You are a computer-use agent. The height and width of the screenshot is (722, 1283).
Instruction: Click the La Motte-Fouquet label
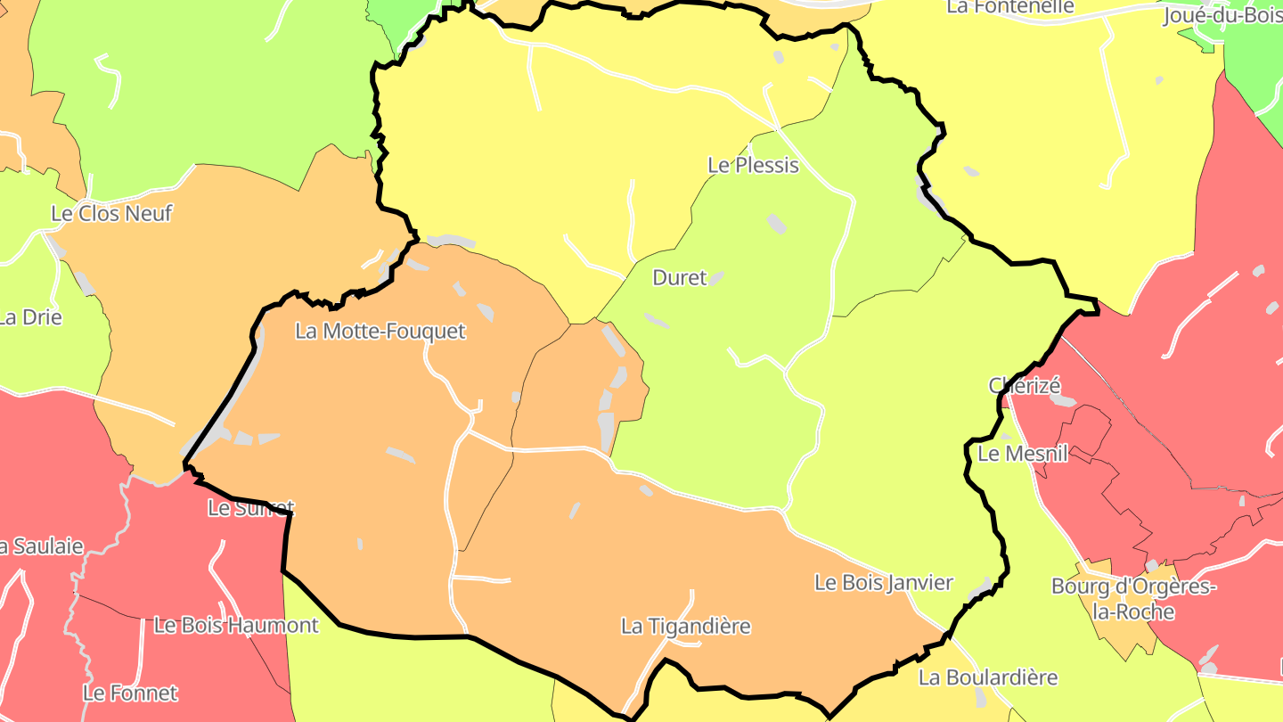(x=380, y=331)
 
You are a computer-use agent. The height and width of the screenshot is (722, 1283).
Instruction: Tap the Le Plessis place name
(x=753, y=165)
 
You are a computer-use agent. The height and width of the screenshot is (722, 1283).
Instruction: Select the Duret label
(x=680, y=277)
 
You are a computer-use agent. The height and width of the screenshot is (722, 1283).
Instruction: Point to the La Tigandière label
(x=686, y=627)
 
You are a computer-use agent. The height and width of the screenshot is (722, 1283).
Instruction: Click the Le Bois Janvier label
(x=884, y=583)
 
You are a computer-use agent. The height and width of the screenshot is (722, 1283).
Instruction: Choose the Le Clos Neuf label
(x=111, y=213)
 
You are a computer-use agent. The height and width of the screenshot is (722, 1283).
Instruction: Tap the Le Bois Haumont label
(x=236, y=625)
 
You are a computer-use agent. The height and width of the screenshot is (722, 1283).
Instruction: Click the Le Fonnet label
(x=130, y=693)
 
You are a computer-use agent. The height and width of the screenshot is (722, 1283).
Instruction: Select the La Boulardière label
(x=988, y=677)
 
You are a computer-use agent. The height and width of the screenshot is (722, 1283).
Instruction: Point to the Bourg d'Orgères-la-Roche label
(x=1133, y=599)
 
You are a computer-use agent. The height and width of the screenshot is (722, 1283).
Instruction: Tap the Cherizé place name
(x=1025, y=386)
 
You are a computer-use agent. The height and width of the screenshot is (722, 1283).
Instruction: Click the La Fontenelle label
(x=1009, y=6)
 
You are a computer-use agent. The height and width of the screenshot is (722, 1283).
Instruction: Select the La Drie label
(x=30, y=317)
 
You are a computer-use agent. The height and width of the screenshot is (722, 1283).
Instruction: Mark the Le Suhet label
(x=250, y=508)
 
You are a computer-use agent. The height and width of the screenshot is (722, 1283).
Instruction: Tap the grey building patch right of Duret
(x=715, y=278)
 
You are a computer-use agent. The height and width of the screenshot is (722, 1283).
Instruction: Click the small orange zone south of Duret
(x=579, y=383)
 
